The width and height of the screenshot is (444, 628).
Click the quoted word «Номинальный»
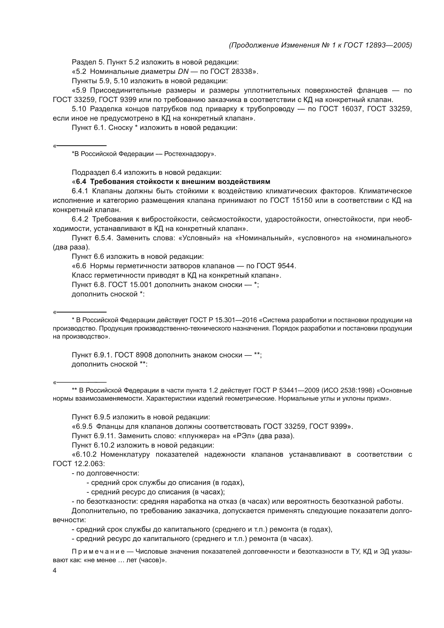tap(263, 238)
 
